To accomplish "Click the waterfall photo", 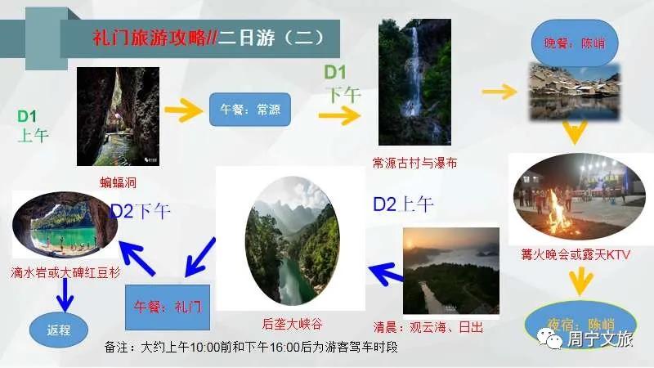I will [x=414, y=82].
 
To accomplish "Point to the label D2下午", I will [x=141, y=212].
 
